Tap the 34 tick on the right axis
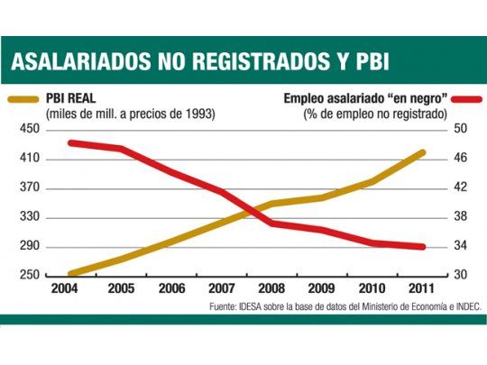458,246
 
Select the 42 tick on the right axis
458,187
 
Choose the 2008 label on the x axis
271,290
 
